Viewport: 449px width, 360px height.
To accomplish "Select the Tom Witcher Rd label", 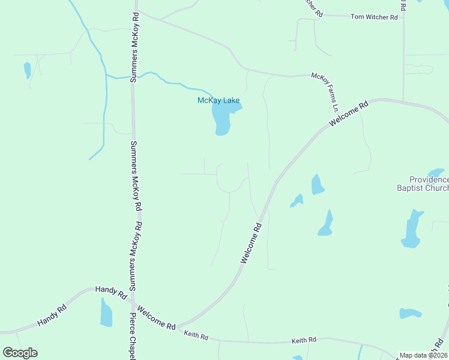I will [x=375, y=17].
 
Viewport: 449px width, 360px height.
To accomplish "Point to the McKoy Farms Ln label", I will [x=325, y=92].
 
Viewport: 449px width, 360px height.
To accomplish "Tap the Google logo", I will [x=20, y=353].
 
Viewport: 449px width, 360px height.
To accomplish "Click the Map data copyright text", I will [x=424, y=355].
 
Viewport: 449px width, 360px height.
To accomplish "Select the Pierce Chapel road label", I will [x=133, y=336].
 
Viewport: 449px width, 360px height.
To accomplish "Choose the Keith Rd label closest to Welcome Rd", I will [x=196, y=335].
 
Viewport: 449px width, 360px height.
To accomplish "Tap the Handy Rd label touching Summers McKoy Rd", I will [x=111, y=293].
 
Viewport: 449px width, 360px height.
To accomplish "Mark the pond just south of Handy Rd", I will [x=106, y=313].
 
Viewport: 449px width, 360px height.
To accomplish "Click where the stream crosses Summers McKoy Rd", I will [x=133, y=77].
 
